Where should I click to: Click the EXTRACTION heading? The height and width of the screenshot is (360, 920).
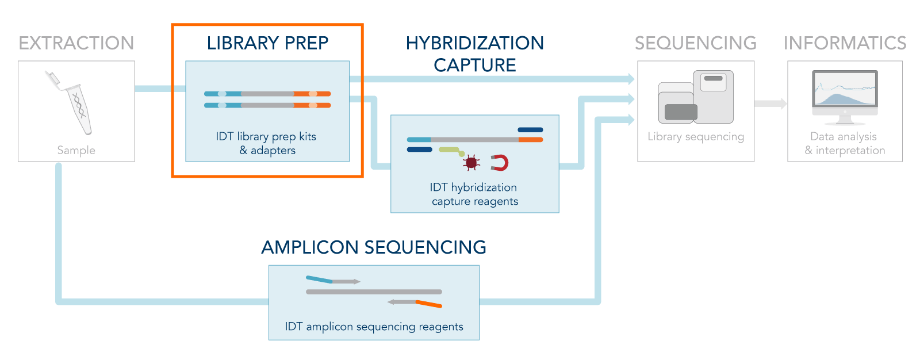pos(76,43)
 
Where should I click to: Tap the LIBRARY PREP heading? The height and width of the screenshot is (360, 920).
pos(267,43)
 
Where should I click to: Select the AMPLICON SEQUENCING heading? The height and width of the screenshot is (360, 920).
pos(374,247)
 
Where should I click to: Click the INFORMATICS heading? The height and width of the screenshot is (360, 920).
pos(845,43)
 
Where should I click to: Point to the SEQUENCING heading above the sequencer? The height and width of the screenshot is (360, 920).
pos(696,43)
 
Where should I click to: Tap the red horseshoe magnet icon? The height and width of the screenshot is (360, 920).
pos(500,163)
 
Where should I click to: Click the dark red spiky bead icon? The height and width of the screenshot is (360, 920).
pos(471,163)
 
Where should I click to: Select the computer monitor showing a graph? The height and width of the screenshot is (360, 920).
pos(845,97)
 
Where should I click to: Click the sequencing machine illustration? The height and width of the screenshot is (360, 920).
pos(696,97)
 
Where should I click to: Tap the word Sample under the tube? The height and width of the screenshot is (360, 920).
pos(76,151)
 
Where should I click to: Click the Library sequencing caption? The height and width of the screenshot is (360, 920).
pos(696,136)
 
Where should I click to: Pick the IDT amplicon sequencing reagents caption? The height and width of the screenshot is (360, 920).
pos(374,327)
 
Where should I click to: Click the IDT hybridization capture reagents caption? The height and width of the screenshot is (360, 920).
pos(474,194)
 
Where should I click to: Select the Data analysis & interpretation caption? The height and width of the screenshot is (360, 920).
pos(845,143)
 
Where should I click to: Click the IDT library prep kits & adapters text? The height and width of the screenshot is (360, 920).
pos(267,143)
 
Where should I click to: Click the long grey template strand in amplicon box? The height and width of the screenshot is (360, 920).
pos(374,292)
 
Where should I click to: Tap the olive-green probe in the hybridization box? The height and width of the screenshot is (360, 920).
pos(452,151)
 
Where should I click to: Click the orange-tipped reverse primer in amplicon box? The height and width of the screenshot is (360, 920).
pos(415,303)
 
